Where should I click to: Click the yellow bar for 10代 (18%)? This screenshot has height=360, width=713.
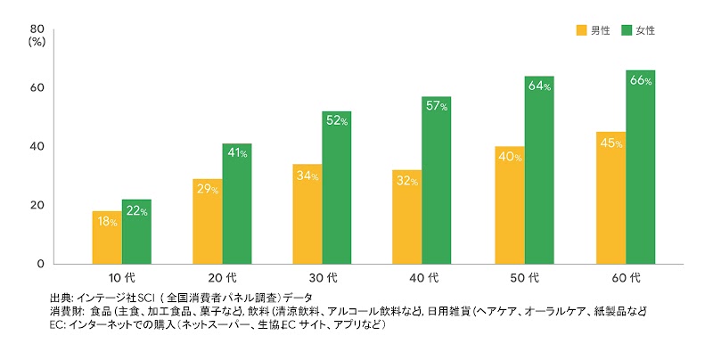[x=107, y=238]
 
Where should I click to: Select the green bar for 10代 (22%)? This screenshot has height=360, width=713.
[x=136, y=232]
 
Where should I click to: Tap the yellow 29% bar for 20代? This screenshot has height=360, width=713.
[x=208, y=222]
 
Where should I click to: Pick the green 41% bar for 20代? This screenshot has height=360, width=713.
[x=237, y=204]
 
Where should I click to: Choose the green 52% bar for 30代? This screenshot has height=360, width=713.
[x=338, y=188]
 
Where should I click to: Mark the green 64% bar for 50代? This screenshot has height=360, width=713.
[x=539, y=170]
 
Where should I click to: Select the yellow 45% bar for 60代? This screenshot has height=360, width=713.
[x=611, y=198]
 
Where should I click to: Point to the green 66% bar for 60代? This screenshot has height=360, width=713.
[x=640, y=168]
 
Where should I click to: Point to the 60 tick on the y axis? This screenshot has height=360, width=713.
[x=38, y=87]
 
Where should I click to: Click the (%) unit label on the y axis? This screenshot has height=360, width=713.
[x=37, y=40]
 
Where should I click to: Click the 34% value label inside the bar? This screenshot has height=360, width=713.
[x=308, y=175]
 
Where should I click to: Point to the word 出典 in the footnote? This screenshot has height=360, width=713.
[x=61, y=298]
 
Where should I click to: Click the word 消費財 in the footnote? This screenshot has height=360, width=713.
[x=67, y=312]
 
